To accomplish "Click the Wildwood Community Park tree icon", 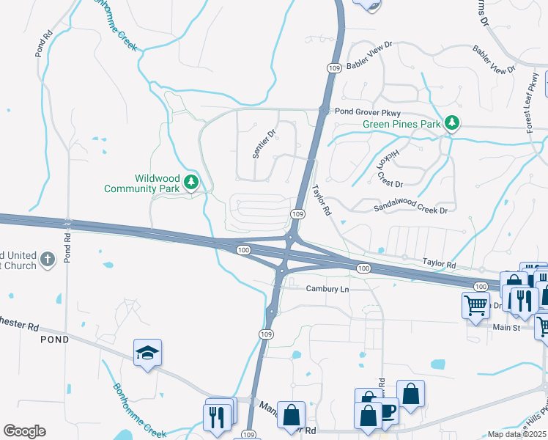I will pos(191,182).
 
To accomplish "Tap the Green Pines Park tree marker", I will pos(453,123).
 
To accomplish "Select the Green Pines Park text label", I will pos(402,124).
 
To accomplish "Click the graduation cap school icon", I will pos(147,353).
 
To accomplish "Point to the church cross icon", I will pos(48,259).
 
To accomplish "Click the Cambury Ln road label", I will pos(327,289).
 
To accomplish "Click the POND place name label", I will pos(54,340).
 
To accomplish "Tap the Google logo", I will pos(24,431).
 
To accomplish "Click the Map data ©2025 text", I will pos(517,434).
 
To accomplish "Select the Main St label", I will pos(506,327).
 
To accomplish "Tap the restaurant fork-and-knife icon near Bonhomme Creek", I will pos(216,417).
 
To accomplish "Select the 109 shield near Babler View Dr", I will pos(333,68).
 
